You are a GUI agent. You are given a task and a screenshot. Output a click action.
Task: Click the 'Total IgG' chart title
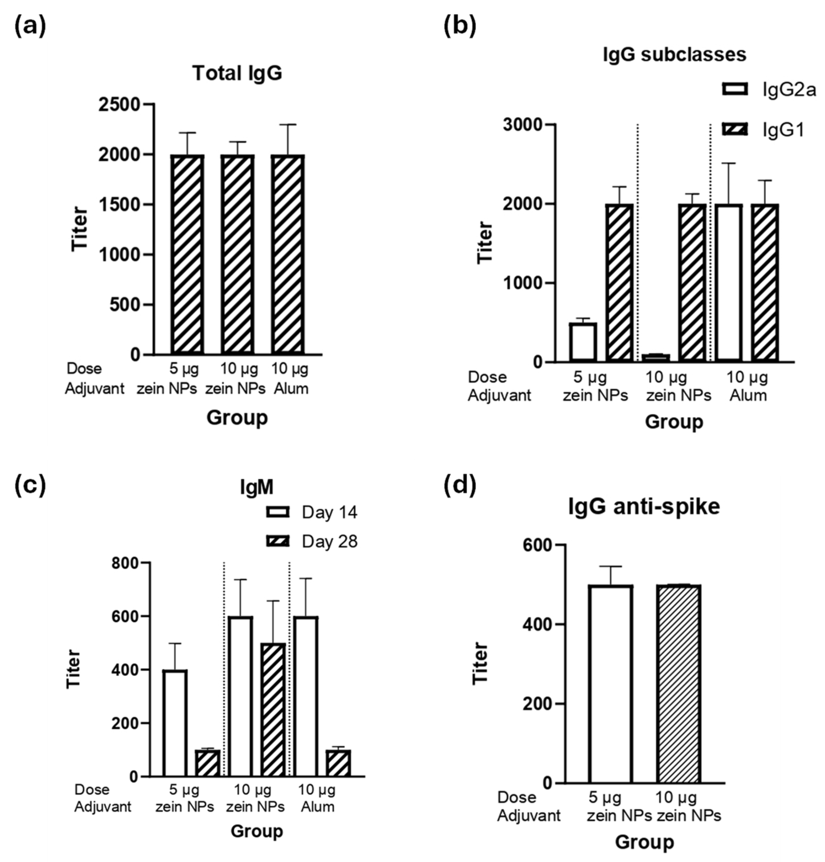(x=237, y=73)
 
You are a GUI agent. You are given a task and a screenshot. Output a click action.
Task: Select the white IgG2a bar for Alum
(x=728, y=283)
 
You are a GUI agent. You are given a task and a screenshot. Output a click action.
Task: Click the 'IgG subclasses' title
(x=674, y=54)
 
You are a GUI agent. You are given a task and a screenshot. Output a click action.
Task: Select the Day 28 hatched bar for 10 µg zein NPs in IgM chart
(x=273, y=710)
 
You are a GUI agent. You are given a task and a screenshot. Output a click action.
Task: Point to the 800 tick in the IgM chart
(x=124, y=563)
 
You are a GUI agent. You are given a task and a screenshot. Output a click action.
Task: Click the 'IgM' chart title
(x=256, y=487)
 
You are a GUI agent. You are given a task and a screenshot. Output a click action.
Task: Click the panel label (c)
(x=30, y=486)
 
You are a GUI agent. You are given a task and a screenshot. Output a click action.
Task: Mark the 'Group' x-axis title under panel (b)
(x=674, y=421)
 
